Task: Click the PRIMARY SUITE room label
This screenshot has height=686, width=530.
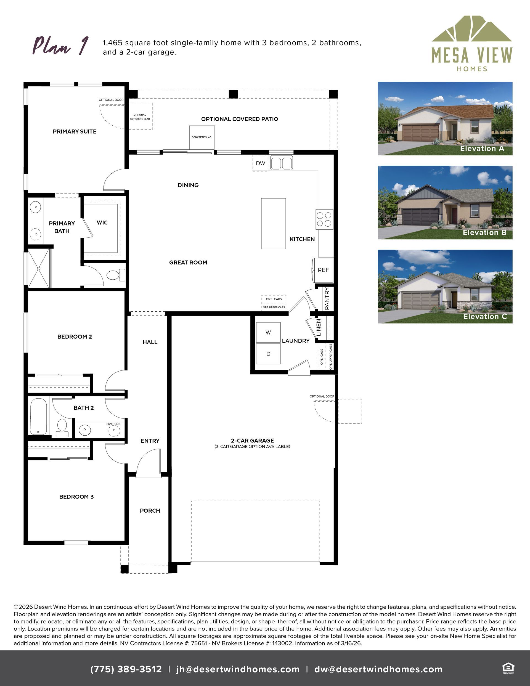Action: coord(75,132)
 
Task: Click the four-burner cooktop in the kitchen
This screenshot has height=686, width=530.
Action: coord(324,219)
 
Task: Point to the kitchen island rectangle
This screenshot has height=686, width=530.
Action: coord(273,224)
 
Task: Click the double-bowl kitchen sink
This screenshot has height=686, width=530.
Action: coord(282,163)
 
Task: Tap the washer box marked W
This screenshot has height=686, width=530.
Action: coord(268,332)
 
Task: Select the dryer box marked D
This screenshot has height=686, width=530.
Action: coord(268,354)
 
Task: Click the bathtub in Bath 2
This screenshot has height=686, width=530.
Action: coord(39,416)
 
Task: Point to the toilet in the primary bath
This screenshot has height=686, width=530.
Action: coord(116,275)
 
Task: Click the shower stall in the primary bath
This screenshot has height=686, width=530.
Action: coord(39,268)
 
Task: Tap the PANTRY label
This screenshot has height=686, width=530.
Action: coord(327,298)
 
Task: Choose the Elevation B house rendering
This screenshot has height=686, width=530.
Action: coord(445,203)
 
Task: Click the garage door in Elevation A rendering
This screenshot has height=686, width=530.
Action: coord(420,133)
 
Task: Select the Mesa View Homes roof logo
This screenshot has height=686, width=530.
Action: coord(472,29)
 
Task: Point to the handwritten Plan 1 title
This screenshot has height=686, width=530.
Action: coord(61,46)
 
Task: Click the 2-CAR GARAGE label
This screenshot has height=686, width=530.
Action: coord(252,441)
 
